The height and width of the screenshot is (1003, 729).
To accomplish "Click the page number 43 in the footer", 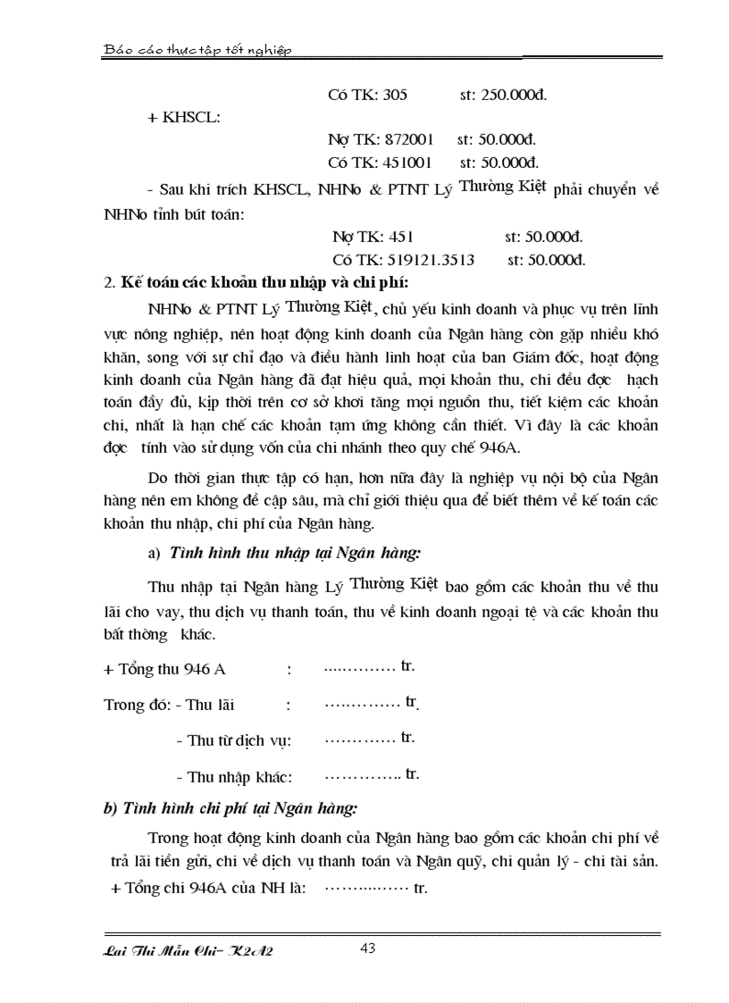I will pos(367,949).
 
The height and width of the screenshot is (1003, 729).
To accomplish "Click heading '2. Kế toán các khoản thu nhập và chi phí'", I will pos(256,283).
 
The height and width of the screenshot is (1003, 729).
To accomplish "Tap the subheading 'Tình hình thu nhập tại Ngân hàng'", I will pos(294,554).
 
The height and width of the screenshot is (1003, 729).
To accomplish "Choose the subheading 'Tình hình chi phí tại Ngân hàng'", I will pos(230,809).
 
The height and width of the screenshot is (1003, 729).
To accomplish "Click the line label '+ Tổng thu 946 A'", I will pos(165,669).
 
